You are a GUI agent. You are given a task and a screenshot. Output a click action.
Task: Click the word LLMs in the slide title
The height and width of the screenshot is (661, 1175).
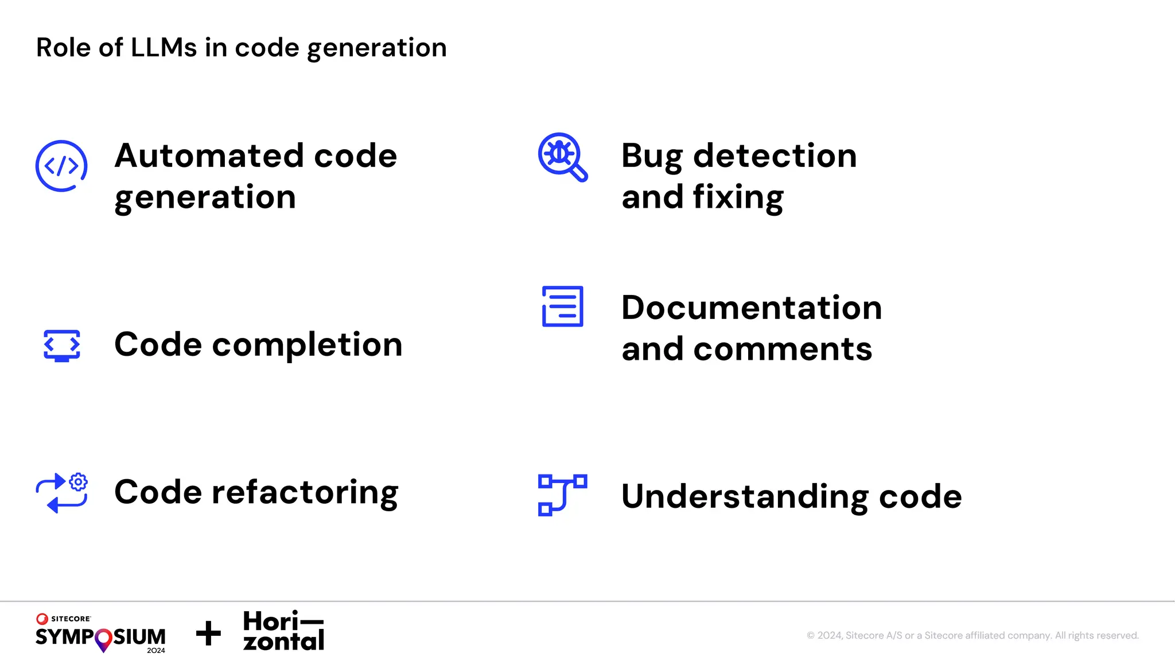click(x=164, y=48)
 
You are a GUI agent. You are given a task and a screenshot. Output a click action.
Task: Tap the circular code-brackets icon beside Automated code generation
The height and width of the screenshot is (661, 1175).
click(x=61, y=166)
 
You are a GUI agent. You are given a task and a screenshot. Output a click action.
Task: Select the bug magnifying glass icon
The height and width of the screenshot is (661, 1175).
click(x=562, y=157)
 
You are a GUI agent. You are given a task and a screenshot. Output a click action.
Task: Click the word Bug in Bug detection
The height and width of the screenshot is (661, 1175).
click(x=652, y=157)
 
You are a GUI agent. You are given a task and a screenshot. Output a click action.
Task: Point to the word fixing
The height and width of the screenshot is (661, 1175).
click(x=738, y=198)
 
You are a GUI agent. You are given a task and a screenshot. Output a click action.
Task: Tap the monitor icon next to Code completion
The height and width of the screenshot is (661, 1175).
click(x=62, y=345)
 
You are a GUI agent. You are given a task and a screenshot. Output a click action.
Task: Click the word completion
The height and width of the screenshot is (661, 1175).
click(x=307, y=345)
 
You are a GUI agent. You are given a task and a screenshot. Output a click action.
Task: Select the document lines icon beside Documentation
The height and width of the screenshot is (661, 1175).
click(x=562, y=306)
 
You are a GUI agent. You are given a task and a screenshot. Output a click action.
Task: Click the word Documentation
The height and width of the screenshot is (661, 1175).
click(x=752, y=308)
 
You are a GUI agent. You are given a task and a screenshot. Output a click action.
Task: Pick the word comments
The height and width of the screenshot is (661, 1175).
click(x=783, y=349)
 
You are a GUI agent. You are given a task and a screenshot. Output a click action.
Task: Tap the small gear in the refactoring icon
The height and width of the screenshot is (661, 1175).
click(x=79, y=482)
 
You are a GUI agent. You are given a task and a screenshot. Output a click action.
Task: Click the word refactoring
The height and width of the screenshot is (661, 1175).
click(x=305, y=492)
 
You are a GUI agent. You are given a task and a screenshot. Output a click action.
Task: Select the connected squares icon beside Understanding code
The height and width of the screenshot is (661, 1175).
click(x=562, y=495)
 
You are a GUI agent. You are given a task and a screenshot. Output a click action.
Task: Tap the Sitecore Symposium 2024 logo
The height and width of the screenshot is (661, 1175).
click(x=100, y=633)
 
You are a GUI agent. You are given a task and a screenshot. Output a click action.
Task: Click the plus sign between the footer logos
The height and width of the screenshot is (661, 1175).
click(x=208, y=633)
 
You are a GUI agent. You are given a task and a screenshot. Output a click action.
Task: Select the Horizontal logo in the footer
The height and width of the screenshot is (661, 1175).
click(x=283, y=631)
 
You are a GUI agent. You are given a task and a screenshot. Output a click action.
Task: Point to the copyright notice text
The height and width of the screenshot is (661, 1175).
click(x=972, y=635)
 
